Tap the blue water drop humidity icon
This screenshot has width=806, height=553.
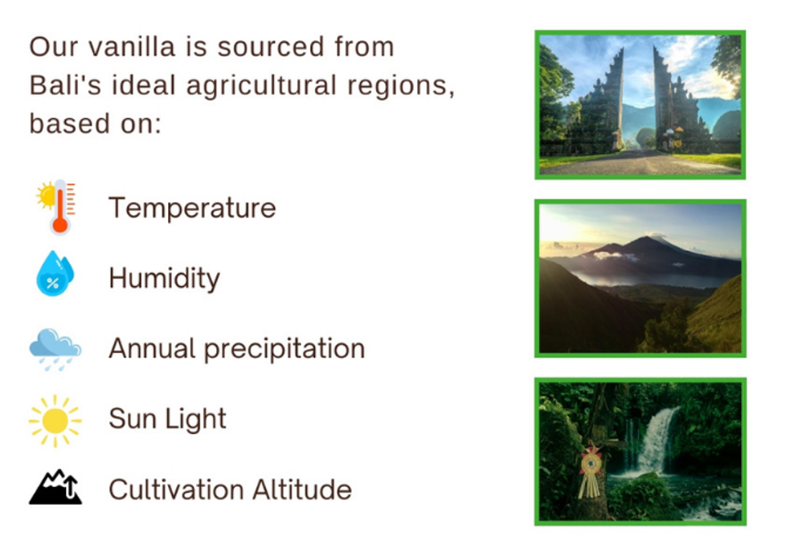point(55,273)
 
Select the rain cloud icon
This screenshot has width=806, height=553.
point(55,350)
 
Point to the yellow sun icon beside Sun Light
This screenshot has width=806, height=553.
point(55,421)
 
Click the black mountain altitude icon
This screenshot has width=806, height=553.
point(55,487)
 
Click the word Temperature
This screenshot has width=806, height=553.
point(192,208)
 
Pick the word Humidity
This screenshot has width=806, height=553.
point(165,279)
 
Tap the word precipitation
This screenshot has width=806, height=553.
point(284,349)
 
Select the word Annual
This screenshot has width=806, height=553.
point(153,349)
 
